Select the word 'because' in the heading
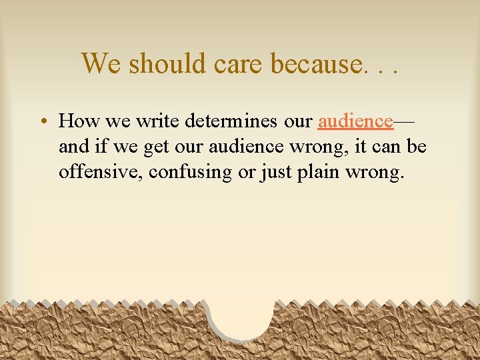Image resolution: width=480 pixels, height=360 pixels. click(x=314, y=63)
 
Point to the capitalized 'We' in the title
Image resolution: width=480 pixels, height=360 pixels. click(x=102, y=63)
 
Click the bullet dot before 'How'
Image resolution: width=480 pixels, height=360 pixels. click(x=42, y=122)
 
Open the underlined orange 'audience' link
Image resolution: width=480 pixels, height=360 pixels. click(x=355, y=121)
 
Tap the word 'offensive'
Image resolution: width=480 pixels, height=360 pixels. click(x=100, y=171)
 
